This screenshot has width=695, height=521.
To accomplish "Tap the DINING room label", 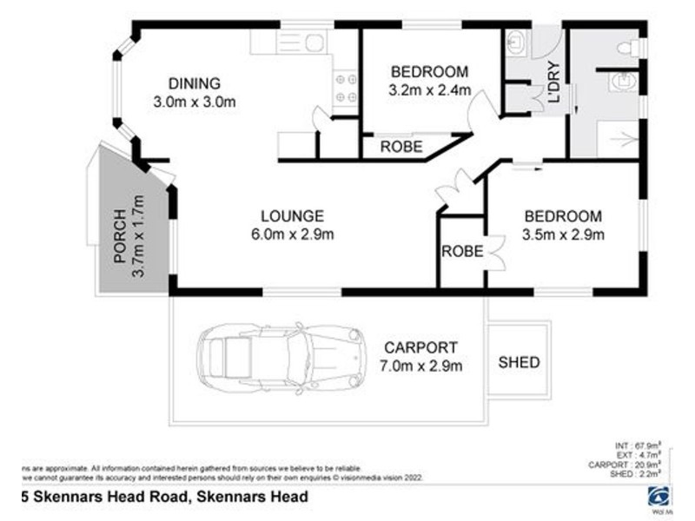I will click(x=195, y=84).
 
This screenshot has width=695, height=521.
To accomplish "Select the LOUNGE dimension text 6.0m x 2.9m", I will click(x=293, y=233).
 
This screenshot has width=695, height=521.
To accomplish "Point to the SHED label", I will click(x=519, y=362).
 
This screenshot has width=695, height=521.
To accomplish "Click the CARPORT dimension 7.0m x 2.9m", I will click(x=421, y=366).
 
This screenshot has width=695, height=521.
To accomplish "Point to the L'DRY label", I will click(x=553, y=87).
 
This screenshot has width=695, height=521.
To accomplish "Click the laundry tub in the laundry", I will click(x=516, y=41).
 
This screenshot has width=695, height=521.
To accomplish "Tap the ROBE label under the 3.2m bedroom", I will click(x=402, y=148).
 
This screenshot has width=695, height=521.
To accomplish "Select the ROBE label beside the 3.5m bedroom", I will click(x=461, y=252).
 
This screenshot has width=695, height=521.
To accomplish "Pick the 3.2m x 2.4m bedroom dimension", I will click(x=429, y=89).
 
